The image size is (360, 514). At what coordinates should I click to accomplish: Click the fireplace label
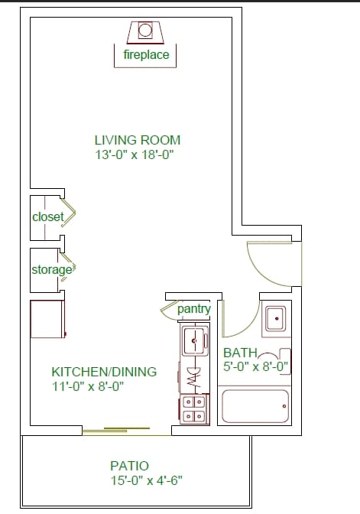[146, 54]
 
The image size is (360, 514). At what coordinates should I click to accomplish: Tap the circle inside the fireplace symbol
[144, 30]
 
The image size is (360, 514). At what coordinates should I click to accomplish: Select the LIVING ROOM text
[138, 140]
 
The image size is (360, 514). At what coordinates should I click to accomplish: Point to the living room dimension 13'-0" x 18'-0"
[134, 155]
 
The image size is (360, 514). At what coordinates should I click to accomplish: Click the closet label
[48, 216]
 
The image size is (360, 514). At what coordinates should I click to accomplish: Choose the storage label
[52, 270]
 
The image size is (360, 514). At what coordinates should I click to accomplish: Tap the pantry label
[194, 308]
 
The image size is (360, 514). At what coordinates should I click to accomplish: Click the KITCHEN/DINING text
[104, 372]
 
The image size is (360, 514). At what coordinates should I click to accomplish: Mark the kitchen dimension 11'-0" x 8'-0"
[88, 386]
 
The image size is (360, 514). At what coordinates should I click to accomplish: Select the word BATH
[240, 353]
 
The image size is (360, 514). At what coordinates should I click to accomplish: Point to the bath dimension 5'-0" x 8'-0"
[255, 366]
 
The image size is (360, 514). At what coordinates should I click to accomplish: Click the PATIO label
[130, 466]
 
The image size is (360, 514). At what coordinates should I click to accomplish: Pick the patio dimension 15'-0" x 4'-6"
[146, 480]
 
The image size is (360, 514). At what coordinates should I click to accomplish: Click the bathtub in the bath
[255, 406]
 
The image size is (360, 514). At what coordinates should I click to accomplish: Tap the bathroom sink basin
[276, 318]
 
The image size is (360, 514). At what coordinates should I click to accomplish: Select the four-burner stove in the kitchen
[194, 409]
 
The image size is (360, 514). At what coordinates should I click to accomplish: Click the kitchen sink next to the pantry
[195, 341]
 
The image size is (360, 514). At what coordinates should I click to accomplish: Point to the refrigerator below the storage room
[48, 319]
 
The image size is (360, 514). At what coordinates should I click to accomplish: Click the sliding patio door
[126, 431]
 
